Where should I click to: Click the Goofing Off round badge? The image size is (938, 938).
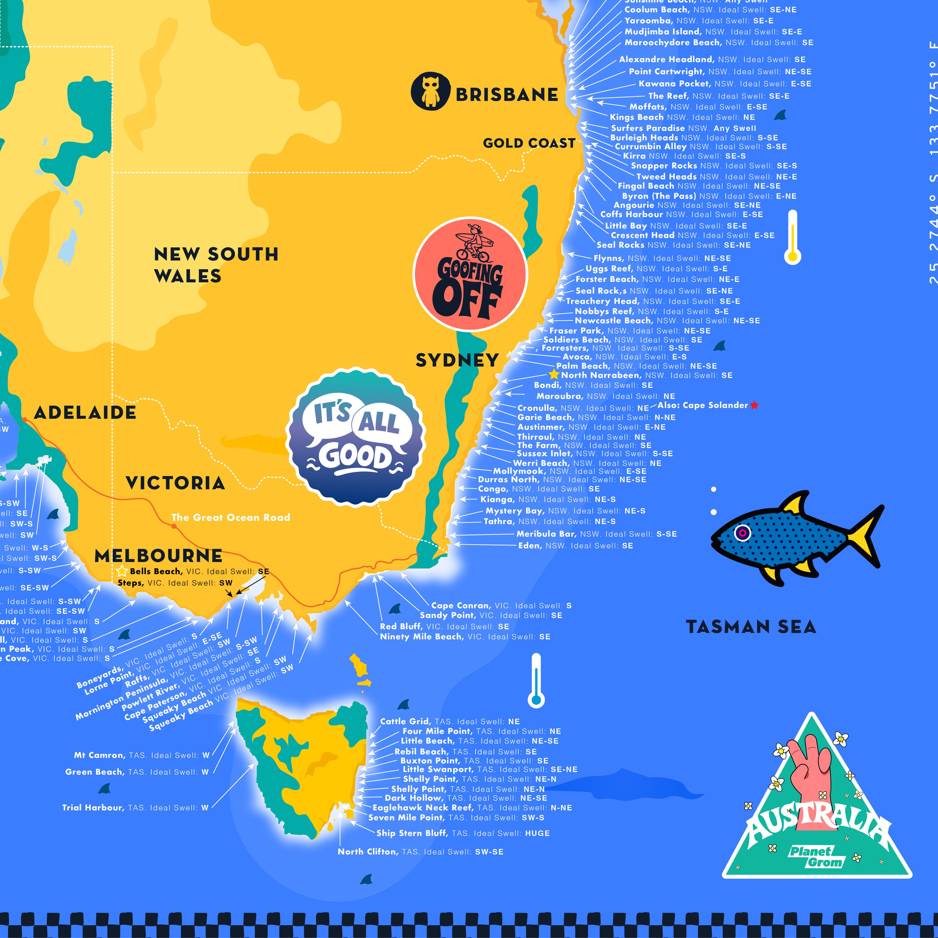[469, 274]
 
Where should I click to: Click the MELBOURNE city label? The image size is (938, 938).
[158, 556]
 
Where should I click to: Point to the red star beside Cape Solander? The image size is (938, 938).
[754, 405]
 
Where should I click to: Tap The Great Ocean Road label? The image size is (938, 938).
[231, 518]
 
